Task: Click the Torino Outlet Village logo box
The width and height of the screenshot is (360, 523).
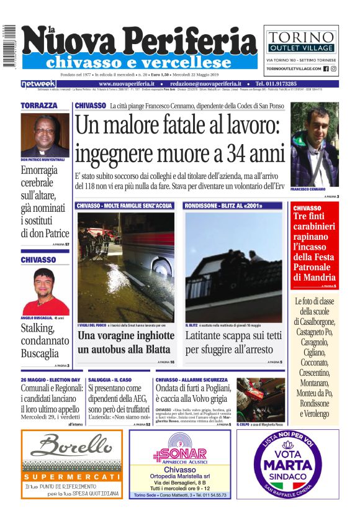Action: pos(301,40)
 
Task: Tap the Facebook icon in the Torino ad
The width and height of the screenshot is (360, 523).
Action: pos(326,69)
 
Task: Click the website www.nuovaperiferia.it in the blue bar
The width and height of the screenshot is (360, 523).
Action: pos(127,83)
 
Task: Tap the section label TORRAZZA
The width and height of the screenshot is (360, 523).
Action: pos(38,106)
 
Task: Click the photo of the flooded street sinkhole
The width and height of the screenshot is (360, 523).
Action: pos(125,267)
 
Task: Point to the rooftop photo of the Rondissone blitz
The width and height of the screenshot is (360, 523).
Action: pos(233,267)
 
